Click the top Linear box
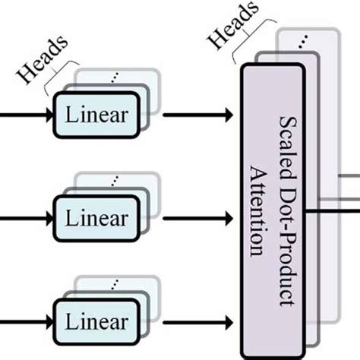coord(96,115)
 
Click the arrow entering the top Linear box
coord(23,115)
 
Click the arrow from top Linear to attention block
coord(197,115)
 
